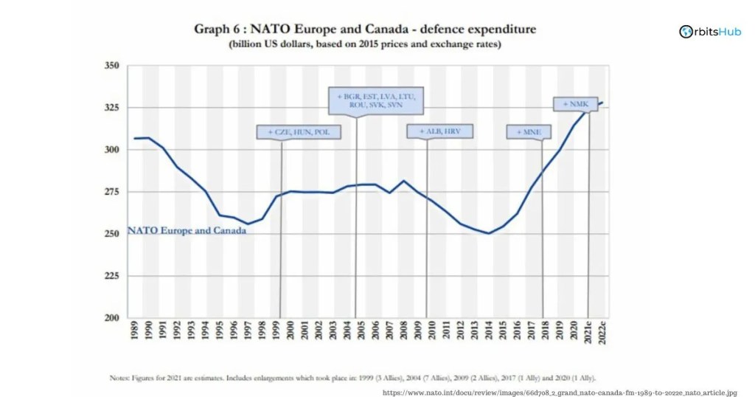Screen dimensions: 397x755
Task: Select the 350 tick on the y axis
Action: click(111, 66)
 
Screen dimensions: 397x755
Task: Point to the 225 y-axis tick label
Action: click(111, 276)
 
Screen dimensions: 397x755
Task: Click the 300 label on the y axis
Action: click(111, 150)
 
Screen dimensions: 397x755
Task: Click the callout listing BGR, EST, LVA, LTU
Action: click(376, 100)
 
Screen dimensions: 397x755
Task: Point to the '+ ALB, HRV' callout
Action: click(439, 131)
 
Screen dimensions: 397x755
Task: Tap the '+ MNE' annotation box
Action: click(528, 132)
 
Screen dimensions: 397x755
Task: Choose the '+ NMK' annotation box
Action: click(575, 104)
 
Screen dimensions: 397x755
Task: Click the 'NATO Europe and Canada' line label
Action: click(187, 230)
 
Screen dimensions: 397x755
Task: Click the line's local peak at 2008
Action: click(404, 181)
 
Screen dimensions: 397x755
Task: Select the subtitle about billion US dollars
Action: click(364, 44)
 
